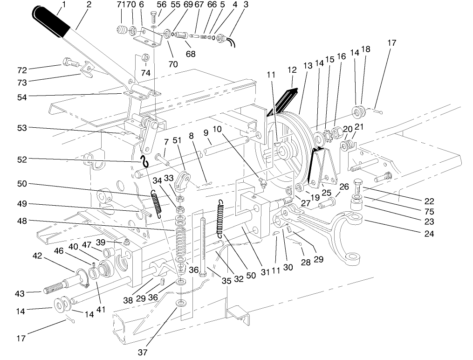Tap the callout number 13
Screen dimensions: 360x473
pos(307,66)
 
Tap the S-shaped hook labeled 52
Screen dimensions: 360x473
pos(144,161)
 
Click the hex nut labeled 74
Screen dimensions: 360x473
pos(144,58)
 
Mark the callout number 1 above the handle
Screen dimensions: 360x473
pos(63,5)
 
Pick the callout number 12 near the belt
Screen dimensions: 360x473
pos(292,70)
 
